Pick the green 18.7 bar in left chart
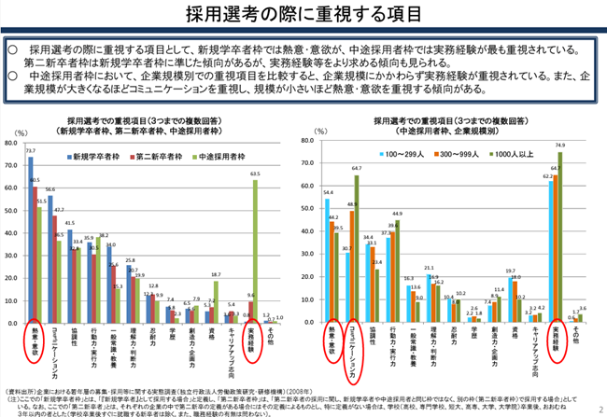click(215, 299)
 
